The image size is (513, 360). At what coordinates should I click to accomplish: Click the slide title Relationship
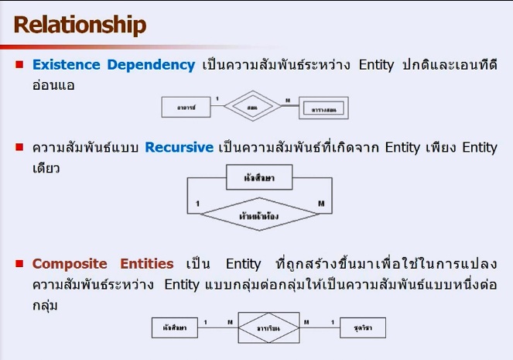80,25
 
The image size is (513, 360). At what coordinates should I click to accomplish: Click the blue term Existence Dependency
113,65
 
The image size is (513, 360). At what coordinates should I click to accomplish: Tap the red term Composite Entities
102,264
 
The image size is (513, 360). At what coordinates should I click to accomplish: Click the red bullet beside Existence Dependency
20,65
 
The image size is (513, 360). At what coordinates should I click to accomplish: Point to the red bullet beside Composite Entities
20,264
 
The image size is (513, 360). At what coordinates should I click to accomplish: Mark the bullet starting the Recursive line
20,147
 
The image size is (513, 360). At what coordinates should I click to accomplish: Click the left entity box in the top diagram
184,108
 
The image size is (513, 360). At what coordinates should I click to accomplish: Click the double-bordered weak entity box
324,108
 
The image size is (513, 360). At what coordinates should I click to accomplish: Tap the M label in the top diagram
288,100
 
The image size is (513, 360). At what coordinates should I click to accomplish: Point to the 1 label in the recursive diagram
199,205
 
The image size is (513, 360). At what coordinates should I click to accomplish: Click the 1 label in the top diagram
217,99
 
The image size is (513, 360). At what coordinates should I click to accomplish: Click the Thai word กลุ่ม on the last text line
48,307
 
